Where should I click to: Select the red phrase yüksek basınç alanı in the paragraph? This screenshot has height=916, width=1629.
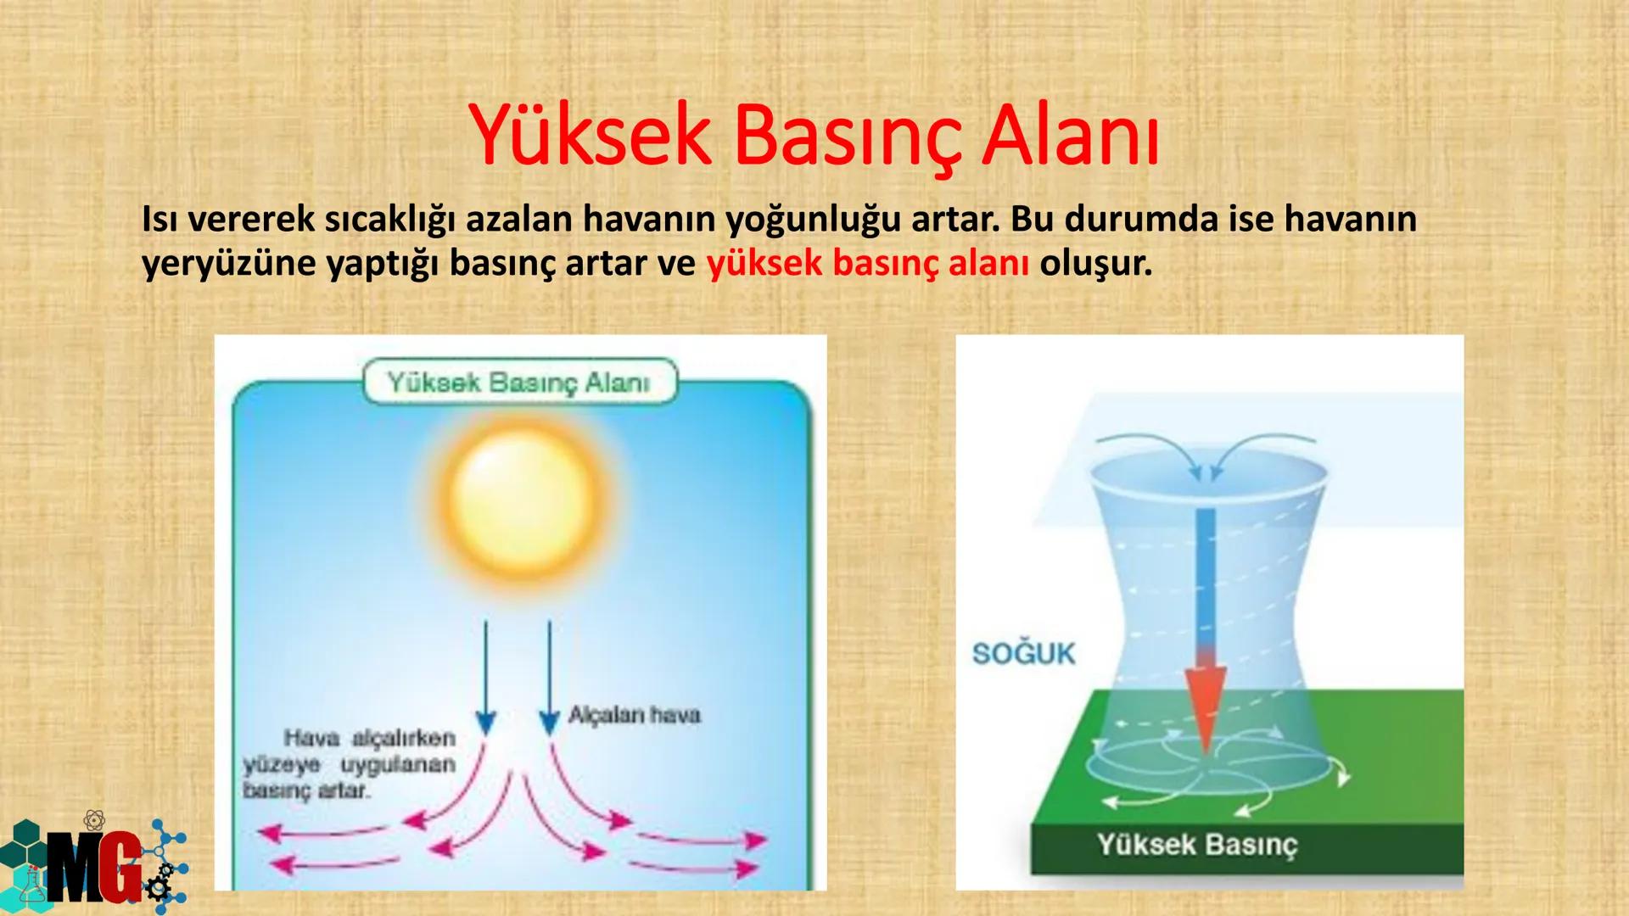tap(867, 264)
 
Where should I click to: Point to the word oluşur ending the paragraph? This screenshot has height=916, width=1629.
tap(1095, 264)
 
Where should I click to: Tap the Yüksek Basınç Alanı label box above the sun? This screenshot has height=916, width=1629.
tap(519, 383)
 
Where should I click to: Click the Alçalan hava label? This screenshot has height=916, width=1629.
tap(634, 715)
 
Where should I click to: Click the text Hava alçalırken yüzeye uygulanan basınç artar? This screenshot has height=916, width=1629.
tap(350, 764)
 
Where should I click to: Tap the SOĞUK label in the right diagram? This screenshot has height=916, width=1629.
tap(1023, 654)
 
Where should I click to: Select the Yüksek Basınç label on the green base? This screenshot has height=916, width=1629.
tap(1196, 845)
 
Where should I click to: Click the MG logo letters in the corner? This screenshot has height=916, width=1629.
tap(93, 867)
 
